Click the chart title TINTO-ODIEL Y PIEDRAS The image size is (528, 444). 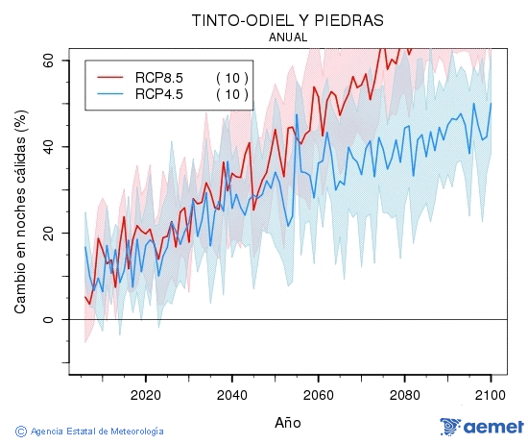pyautogui.click(x=288, y=20)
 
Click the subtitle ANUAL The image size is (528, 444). pyautogui.click(x=288, y=37)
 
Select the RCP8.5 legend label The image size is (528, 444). pyautogui.click(x=159, y=77)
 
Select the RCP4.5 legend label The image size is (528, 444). pyautogui.click(x=159, y=93)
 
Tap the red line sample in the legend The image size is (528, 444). pyautogui.click(x=111, y=77)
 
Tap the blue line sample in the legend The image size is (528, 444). pyautogui.click(x=111, y=93)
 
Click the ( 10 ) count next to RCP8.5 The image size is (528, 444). pyautogui.click(x=231, y=77)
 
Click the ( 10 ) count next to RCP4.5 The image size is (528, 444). pyautogui.click(x=231, y=93)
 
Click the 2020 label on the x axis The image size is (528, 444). pyautogui.click(x=145, y=394)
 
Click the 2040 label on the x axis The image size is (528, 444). pyautogui.click(x=231, y=394)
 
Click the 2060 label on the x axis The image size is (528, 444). pyautogui.click(x=318, y=394)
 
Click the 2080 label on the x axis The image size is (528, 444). pyautogui.click(x=404, y=394)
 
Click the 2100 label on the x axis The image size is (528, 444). pyautogui.click(x=491, y=394)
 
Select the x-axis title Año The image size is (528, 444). pyautogui.click(x=288, y=422)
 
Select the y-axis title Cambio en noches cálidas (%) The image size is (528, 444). pyautogui.click(x=20, y=210)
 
